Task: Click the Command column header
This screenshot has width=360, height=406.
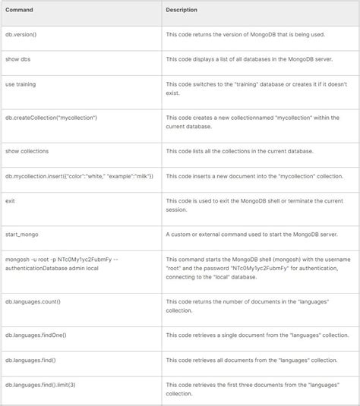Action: pos(19,10)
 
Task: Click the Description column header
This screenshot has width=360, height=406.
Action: pos(182,10)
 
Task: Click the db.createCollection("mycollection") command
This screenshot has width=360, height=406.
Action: pos(51,118)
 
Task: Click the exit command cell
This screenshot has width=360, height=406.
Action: pos(11,200)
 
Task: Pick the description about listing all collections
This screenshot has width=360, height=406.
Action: pos(247,150)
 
